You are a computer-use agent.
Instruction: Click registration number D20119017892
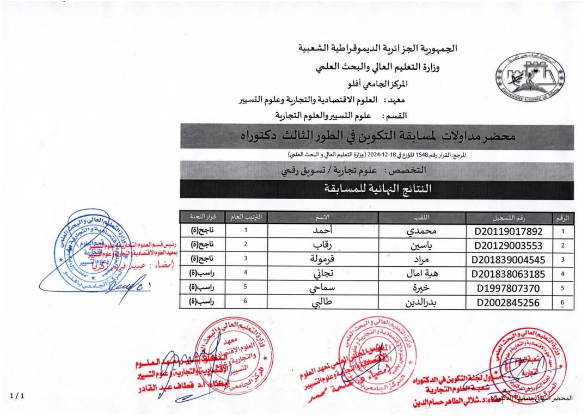(x=509, y=230)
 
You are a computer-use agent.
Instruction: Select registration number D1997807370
(x=509, y=288)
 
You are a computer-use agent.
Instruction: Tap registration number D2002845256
(x=509, y=303)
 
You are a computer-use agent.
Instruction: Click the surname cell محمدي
(x=423, y=230)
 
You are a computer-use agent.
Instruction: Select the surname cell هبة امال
(x=423, y=274)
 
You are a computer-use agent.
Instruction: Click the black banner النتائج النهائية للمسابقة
(x=377, y=189)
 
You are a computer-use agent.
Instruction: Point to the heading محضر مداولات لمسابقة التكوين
(x=377, y=137)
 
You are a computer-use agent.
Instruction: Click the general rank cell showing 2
(x=246, y=244)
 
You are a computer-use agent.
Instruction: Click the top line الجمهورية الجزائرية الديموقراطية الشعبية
(x=378, y=48)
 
